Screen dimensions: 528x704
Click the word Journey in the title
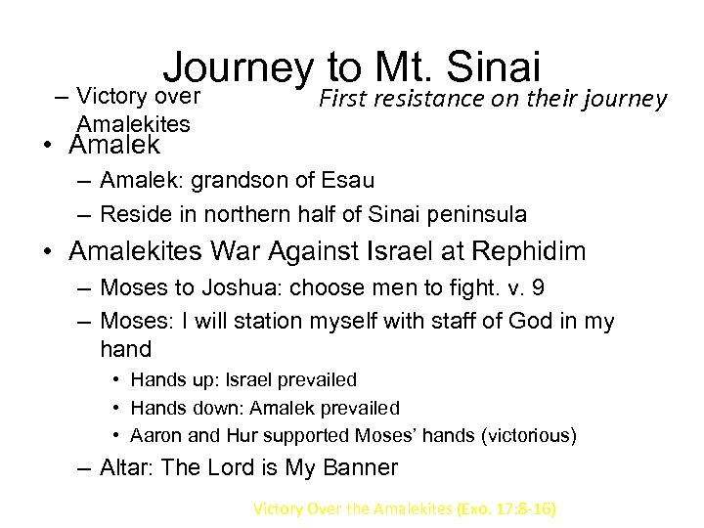pos(237,68)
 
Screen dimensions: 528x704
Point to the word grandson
pos(241,181)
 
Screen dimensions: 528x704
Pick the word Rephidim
pos(529,251)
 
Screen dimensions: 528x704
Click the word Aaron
pos(155,434)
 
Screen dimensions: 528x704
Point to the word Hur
pos(231,434)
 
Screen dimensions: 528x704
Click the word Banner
pos(359,467)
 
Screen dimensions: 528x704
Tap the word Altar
pos(125,467)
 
